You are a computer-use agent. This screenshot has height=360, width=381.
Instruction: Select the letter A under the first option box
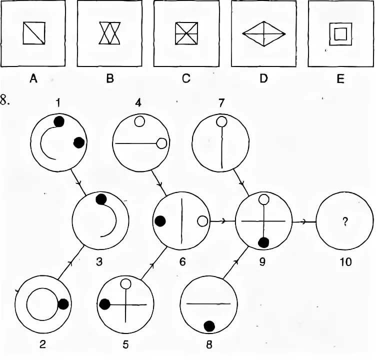(33, 78)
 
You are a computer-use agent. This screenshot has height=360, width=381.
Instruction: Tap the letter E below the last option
(340, 78)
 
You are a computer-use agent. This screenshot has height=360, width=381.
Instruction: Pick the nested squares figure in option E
(340, 34)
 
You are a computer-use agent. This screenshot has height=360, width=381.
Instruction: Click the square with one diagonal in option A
(34, 34)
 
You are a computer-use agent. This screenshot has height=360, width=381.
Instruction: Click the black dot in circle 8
(209, 326)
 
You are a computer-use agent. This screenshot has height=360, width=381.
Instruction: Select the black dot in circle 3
(101, 199)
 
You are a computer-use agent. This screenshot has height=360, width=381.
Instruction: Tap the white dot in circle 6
(202, 221)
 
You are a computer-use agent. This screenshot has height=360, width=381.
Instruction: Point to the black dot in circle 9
(263, 243)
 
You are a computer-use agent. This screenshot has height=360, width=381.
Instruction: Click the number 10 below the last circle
(344, 260)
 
